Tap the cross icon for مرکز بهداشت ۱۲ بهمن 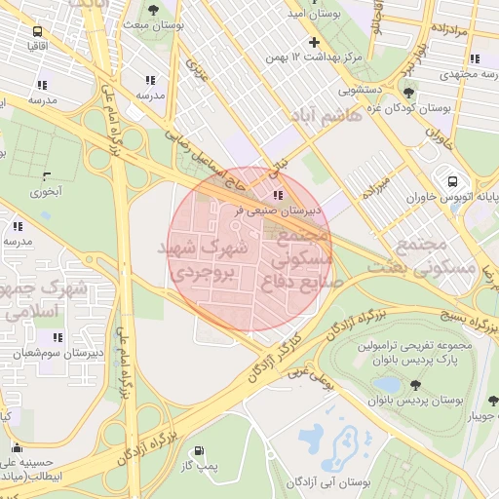(314, 42)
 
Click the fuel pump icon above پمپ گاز (200, 451)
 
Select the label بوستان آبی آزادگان (331, 482)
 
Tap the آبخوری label (44, 192)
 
